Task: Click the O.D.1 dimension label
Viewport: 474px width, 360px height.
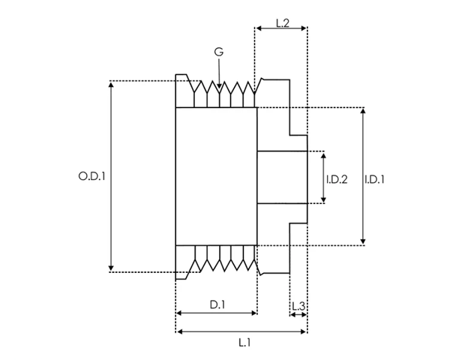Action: coord(91,176)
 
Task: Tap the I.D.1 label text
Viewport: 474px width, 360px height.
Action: coord(374,179)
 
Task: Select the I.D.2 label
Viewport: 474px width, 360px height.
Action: coord(337,179)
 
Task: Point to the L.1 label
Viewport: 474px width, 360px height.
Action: coord(244,343)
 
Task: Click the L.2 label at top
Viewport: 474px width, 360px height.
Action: coord(283,23)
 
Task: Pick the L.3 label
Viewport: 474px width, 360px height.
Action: coord(298,307)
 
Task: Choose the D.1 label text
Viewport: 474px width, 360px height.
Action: coord(217,305)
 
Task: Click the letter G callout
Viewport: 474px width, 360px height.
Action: coord(219,52)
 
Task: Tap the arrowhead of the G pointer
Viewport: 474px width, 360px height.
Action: coord(220,86)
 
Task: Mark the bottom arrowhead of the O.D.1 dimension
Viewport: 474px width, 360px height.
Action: coord(111,268)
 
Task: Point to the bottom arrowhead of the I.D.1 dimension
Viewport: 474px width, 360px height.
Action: coord(363,241)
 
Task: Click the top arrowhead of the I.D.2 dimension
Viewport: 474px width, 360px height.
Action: coord(324,156)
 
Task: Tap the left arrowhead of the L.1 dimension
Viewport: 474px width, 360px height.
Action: coord(180,332)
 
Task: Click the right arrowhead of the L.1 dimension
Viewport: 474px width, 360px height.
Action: coord(303,332)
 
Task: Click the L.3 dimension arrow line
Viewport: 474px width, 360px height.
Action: coord(298,315)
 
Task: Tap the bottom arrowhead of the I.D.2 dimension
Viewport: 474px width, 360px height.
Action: coord(324,199)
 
